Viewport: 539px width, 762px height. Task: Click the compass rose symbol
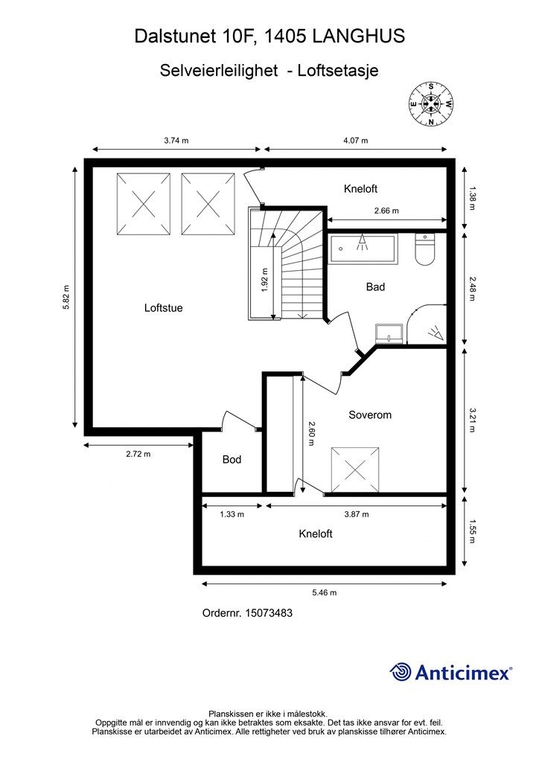point(430,103)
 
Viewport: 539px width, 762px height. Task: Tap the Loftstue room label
point(163,307)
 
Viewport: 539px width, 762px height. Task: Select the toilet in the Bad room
point(425,250)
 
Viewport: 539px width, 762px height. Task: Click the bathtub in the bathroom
point(363,249)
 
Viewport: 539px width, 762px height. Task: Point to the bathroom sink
point(389,334)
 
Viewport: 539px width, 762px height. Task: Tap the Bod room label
point(232,459)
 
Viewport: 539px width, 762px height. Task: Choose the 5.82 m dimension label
point(66,296)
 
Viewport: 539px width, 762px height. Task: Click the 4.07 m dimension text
point(356,141)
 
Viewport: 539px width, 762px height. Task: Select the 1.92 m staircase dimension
point(264,280)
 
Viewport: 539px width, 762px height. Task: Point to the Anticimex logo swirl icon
point(401,672)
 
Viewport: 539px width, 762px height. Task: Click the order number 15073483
point(269,613)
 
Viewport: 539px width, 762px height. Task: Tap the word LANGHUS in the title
point(359,36)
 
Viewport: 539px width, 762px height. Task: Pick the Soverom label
point(370,414)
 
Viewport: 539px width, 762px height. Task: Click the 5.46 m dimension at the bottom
point(324,592)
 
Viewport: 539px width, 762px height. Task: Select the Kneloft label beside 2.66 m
point(360,188)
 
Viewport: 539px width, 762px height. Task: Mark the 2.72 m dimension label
point(138,454)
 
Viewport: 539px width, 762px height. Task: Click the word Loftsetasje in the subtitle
point(338,71)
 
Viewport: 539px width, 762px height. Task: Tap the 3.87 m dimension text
point(357,514)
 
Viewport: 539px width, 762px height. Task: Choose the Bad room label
point(375,286)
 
